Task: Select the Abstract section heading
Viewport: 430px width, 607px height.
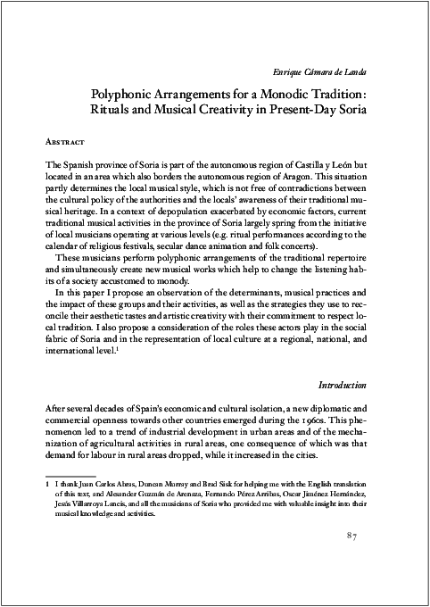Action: pyautogui.click(x=65, y=142)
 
